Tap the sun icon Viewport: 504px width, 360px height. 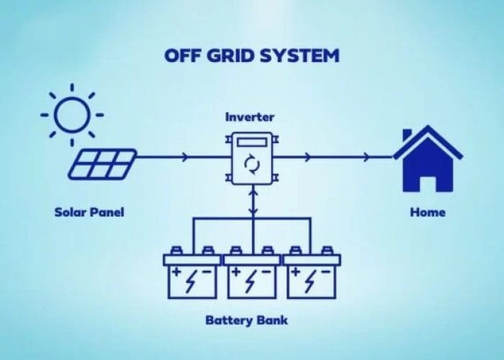[x=71, y=112]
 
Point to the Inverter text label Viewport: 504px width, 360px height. [x=250, y=117]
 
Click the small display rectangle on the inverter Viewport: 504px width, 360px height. [x=252, y=143]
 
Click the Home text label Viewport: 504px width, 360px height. [x=428, y=212]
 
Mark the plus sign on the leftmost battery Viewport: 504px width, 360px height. [x=175, y=272]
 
